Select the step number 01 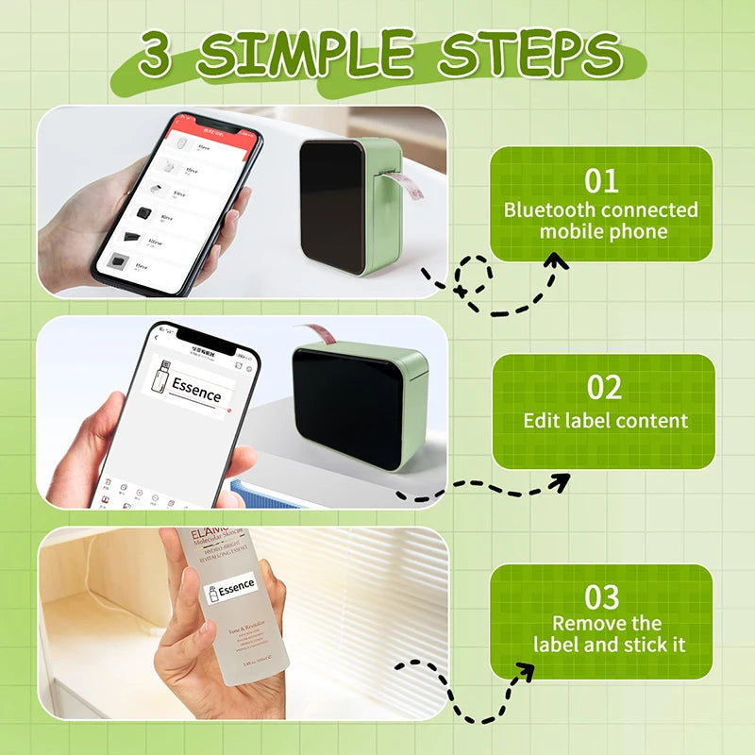[601, 180]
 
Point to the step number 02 [604, 389]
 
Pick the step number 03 [601, 596]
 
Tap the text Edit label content [605, 420]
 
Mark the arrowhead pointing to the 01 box [558, 262]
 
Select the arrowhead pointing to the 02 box [560, 482]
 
